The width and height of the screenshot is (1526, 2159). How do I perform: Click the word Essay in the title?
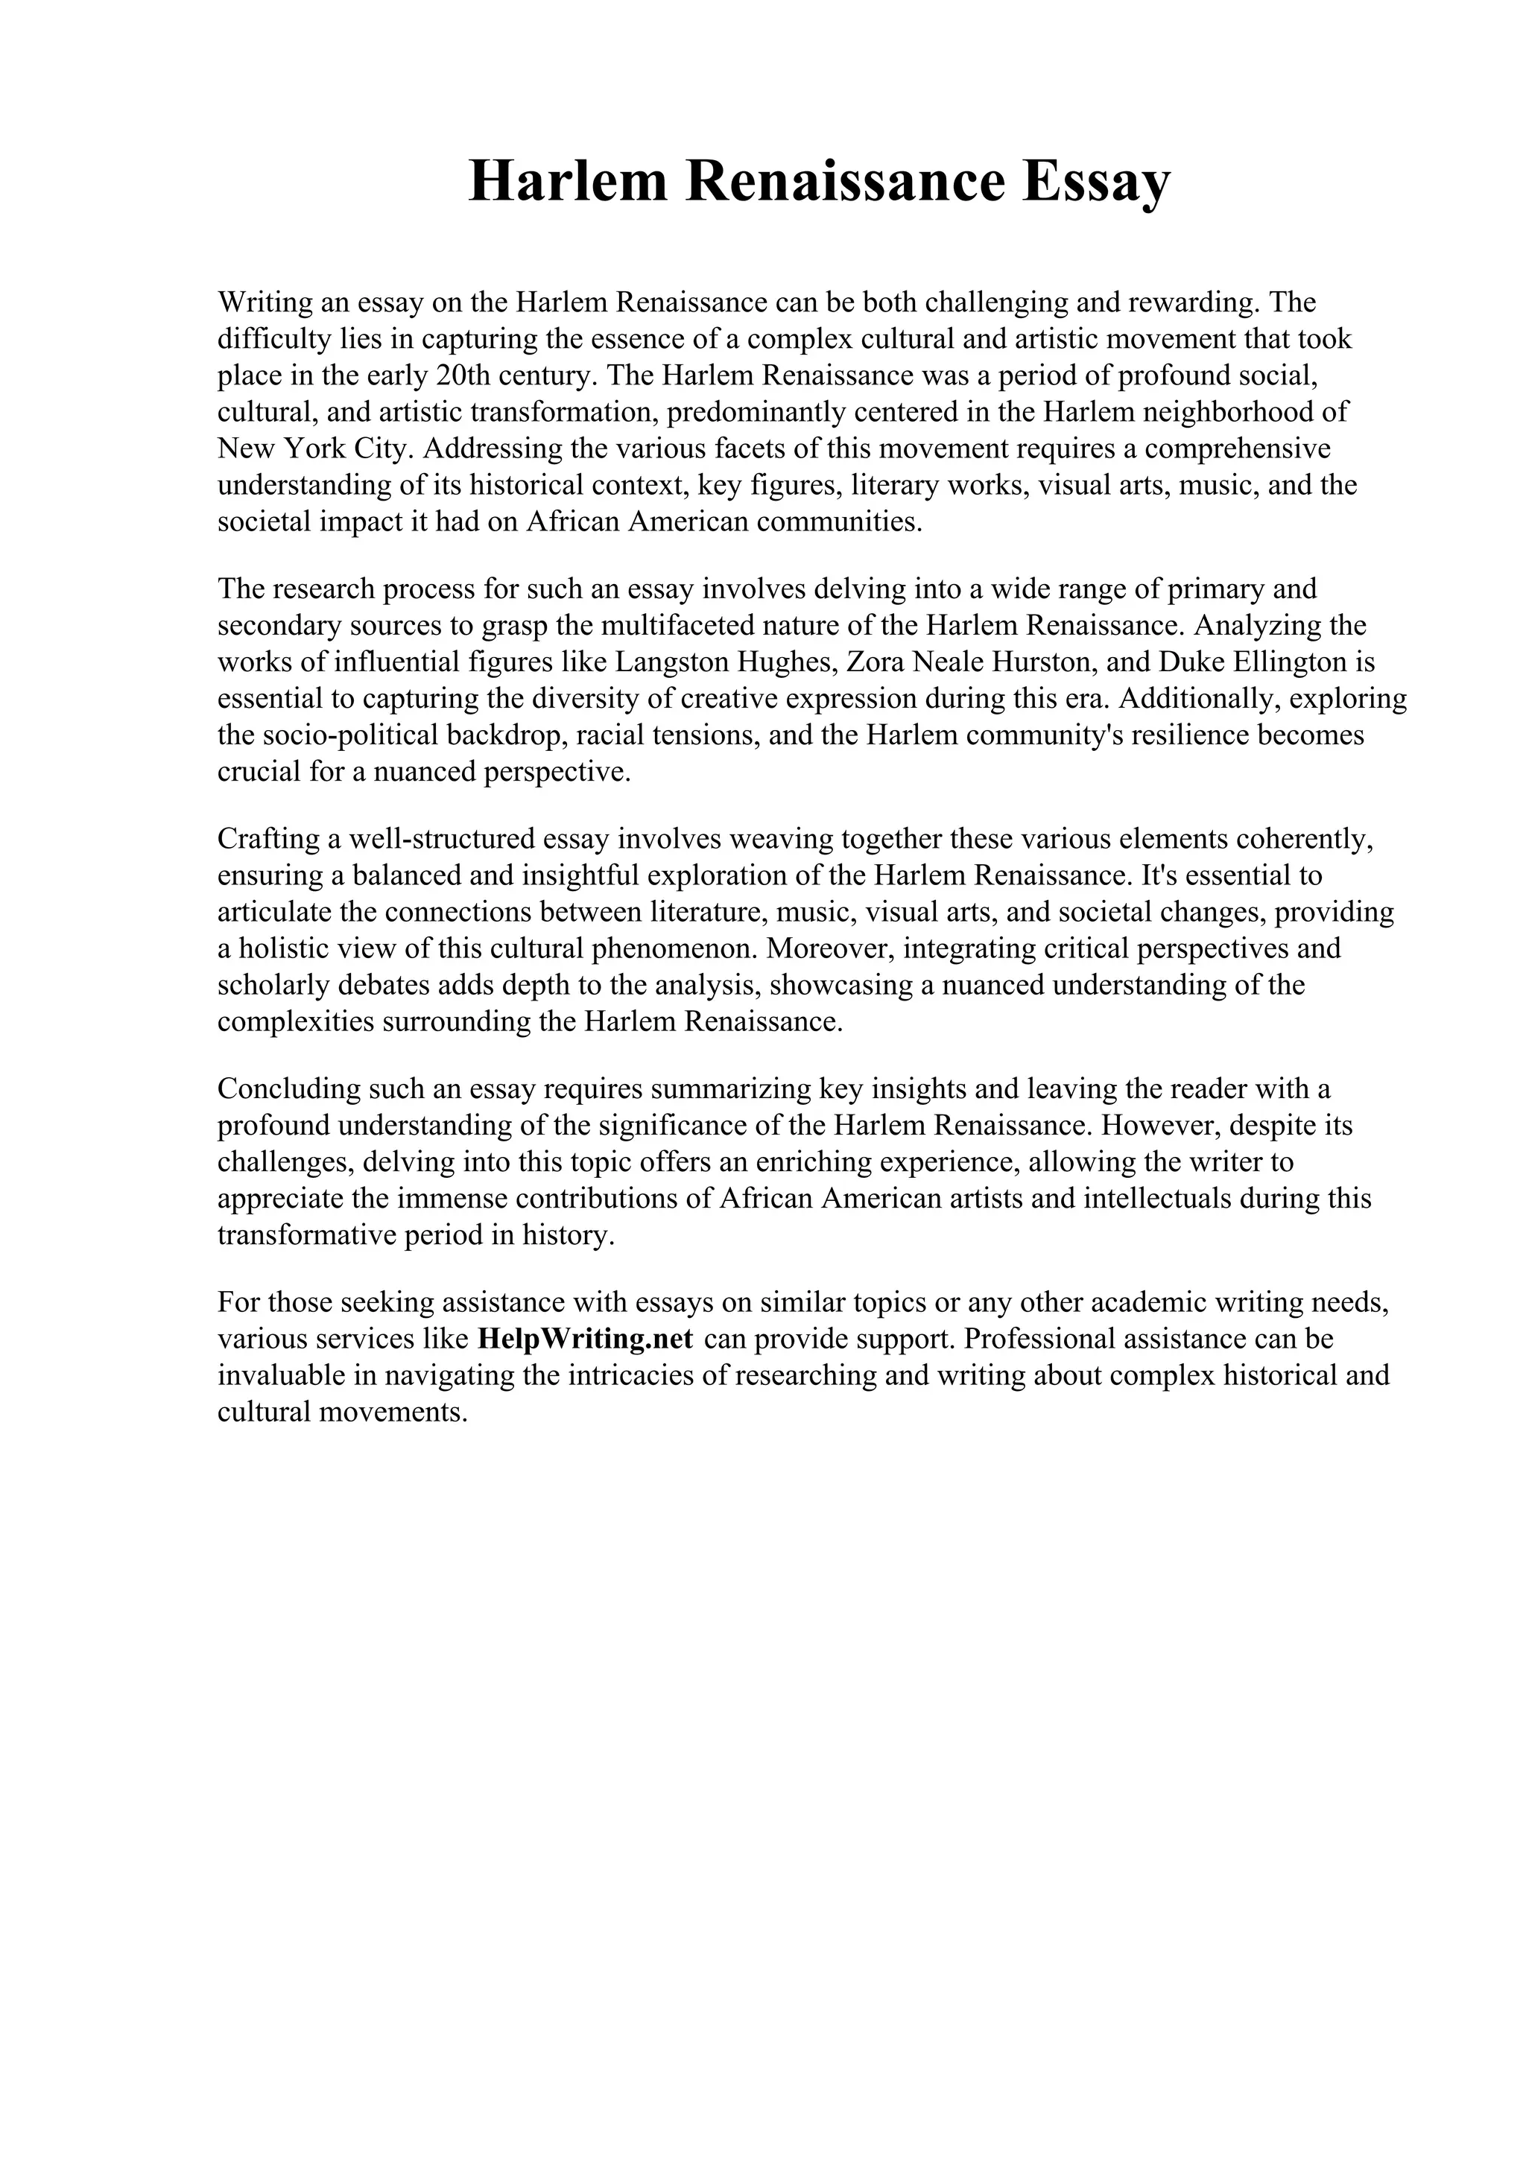[1095, 182]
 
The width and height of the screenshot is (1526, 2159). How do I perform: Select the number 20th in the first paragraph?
[463, 375]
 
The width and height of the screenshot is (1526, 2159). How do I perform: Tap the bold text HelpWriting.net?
[585, 1338]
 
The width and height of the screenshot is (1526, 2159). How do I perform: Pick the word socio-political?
[311, 735]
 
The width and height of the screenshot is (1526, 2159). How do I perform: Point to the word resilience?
[1189, 735]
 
